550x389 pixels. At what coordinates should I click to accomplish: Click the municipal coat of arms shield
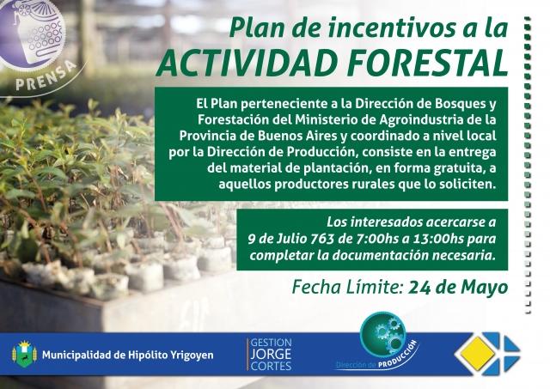coord(24,354)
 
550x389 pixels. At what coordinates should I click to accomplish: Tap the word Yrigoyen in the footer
coord(192,356)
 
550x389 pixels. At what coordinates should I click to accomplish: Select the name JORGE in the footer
coord(271,354)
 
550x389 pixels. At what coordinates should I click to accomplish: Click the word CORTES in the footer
coord(271,366)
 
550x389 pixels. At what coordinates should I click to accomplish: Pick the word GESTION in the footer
coord(271,343)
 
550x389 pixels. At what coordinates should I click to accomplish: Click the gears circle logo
coord(383,332)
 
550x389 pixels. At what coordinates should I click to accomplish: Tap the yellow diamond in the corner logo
coord(478,353)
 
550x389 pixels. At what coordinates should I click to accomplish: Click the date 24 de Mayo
coord(458,288)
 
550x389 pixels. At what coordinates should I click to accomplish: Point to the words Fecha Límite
coord(347,288)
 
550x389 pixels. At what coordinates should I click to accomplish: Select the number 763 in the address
coord(323,239)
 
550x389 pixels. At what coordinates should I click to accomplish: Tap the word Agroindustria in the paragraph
coord(421,120)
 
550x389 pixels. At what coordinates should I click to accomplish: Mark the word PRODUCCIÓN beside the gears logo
coord(397,355)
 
